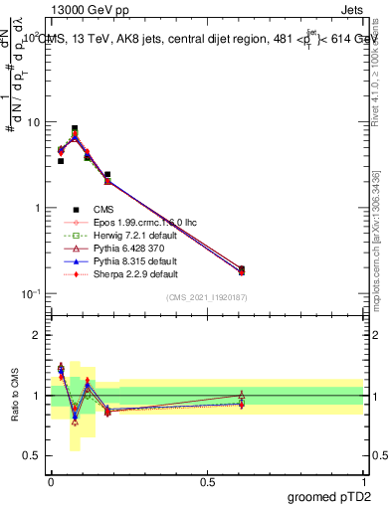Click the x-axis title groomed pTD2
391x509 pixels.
point(329,496)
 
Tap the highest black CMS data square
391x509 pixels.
point(75,128)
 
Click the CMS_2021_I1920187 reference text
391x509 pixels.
point(207,297)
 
